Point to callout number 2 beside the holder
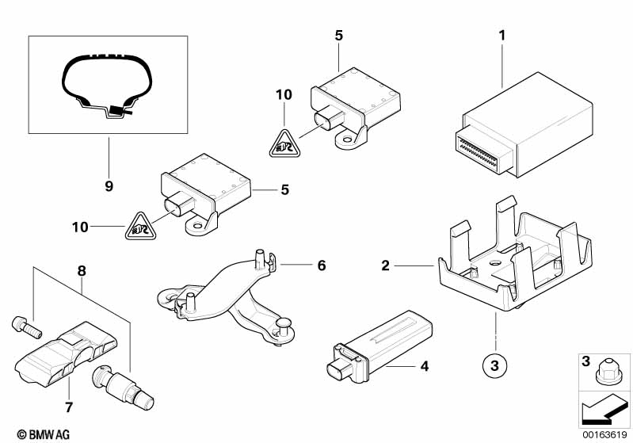[386, 265]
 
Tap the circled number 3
[494, 366]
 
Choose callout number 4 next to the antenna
[424, 367]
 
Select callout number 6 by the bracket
[322, 265]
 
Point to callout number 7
[69, 409]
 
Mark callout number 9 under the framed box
[109, 187]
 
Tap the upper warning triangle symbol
[284, 143]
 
